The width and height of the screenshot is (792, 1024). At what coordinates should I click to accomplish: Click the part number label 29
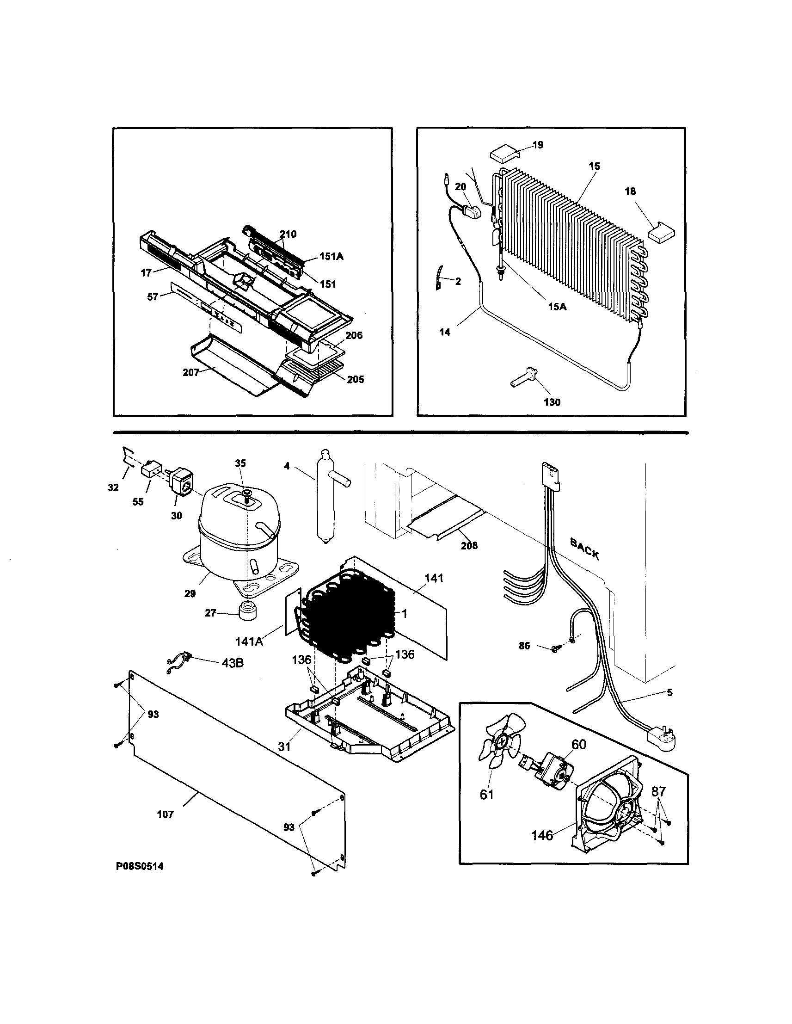coord(190,593)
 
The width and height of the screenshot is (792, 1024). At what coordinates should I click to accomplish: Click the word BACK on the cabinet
coord(584,549)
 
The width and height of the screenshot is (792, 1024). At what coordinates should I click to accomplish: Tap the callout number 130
coord(553,402)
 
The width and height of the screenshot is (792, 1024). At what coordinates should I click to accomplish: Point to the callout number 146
coord(542,835)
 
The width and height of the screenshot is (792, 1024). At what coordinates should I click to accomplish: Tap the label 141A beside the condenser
coord(249,641)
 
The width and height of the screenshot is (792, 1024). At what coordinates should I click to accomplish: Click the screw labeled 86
coord(556,649)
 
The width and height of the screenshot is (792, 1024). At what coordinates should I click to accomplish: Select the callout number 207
coord(191,372)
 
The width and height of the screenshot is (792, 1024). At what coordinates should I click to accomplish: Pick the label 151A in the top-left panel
coord(332,257)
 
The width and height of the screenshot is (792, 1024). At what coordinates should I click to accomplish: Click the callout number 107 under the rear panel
coord(166,814)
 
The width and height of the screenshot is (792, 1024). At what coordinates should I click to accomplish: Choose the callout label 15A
coord(557,307)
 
